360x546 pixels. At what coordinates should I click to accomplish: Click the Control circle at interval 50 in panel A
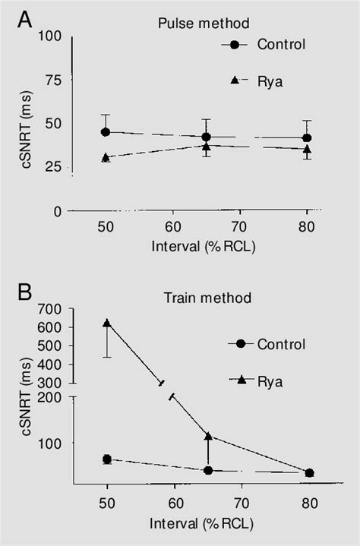(x=106, y=132)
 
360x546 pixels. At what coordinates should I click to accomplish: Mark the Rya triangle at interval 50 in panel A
(x=106, y=157)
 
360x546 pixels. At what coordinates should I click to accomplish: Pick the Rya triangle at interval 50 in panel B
(x=107, y=323)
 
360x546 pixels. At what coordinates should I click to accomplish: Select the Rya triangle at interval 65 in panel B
(x=207, y=436)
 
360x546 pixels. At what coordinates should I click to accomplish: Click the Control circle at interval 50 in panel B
(x=107, y=459)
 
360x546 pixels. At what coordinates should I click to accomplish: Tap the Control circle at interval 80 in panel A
(x=307, y=138)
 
